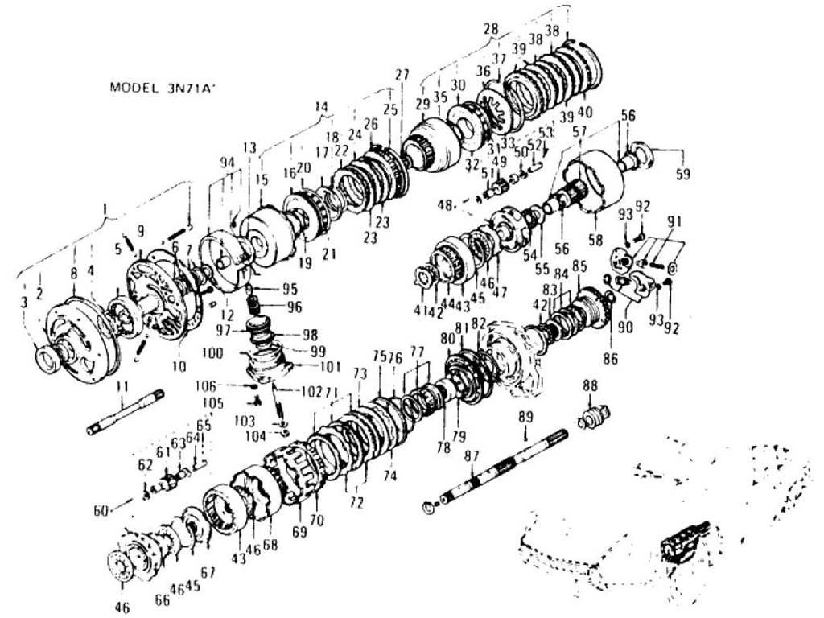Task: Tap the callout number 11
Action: (122, 389)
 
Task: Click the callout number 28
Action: (491, 29)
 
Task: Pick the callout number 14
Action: (322, 106)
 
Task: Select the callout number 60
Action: (101, 511)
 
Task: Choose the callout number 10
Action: (179, 366)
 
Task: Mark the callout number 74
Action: (389, 476)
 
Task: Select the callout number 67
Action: (208, 571)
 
